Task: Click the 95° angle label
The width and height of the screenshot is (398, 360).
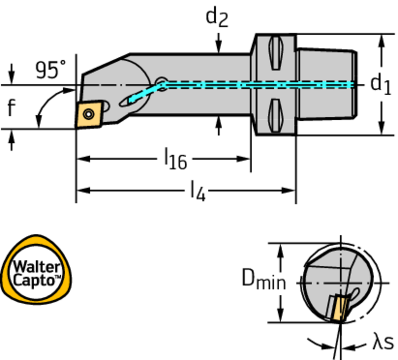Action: point(51,70)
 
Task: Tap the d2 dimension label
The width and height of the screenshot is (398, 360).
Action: point(217,17)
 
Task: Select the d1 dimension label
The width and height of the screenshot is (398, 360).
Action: point(380,84)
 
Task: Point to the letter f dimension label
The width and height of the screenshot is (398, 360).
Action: point(12,108)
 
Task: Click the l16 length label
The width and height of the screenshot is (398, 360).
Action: point(175,159)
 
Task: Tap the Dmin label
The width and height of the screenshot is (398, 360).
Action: point(264,280)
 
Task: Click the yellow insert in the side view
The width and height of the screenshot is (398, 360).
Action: point(89,114)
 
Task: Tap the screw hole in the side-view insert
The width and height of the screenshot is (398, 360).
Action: point(89,114)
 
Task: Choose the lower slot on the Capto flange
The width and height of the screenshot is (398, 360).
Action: point(275,115)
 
